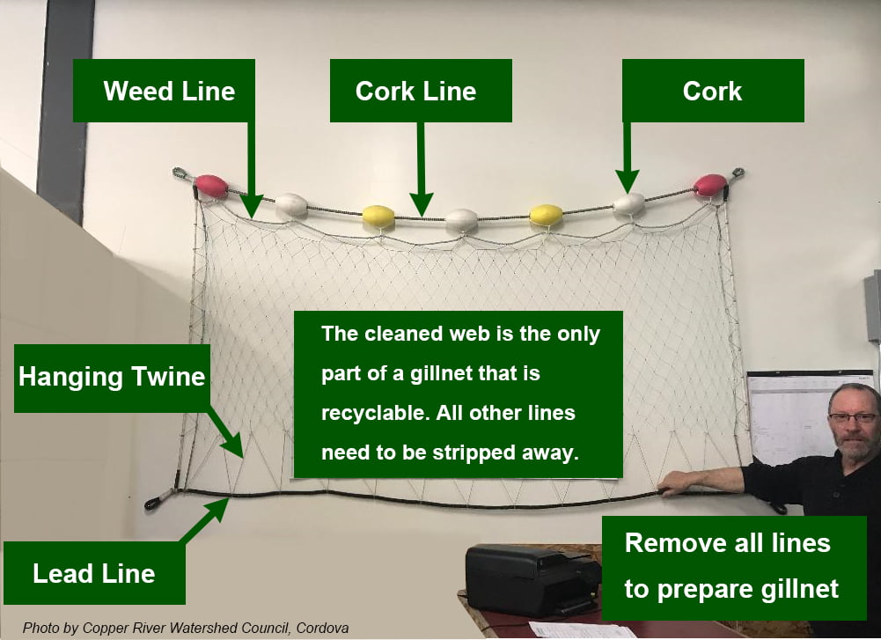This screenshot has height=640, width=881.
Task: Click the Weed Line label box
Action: [164, 91]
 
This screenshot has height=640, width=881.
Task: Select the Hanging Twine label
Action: [112, 378]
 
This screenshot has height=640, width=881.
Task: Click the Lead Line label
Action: [94, 573]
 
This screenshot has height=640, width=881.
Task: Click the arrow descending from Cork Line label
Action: [422, 167]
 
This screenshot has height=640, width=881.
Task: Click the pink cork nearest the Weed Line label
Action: [211, 186]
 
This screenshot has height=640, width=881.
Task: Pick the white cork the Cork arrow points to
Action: [629, 204]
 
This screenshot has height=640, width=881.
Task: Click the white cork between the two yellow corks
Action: [461, 220]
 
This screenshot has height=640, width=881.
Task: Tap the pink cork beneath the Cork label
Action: [710, 185]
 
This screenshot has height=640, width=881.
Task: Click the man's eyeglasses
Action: [852, 418]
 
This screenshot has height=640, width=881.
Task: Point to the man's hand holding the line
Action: [676, 482]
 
